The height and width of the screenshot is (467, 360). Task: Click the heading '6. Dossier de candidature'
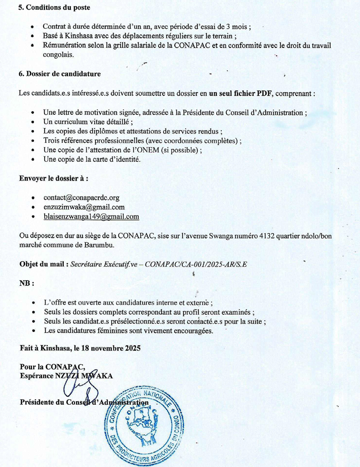click(x=60, y=73)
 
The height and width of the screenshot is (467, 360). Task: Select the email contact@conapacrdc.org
click(x=82, y=197)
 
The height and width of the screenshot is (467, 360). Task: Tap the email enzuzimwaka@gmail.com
click(x=84, y=207)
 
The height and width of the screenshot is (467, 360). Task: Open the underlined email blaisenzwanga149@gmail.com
click(x=91, y=217)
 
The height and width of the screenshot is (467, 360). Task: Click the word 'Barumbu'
click(x=100, y=245)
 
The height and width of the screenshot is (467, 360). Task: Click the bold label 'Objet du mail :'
click(x=44, y=264)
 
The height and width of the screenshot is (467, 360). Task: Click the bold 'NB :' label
click(x=27, y=283)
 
